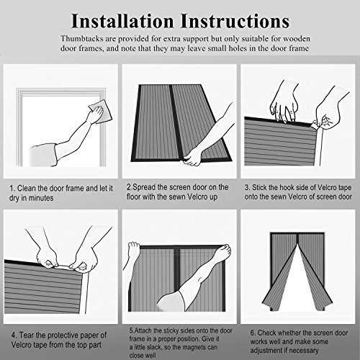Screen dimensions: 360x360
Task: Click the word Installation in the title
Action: (122, 21)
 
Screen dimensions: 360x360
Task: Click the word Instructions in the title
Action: (235, 21)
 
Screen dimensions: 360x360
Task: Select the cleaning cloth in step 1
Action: (101, 112)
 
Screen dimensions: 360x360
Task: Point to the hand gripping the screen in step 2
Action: (192, 157)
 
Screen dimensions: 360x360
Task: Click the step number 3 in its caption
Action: (247, 187)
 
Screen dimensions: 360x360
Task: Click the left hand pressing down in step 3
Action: (284, 107)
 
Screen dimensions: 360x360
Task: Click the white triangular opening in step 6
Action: (297, 288)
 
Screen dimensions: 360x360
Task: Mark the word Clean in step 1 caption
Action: (25, 188)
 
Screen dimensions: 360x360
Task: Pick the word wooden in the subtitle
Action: (297, 39)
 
